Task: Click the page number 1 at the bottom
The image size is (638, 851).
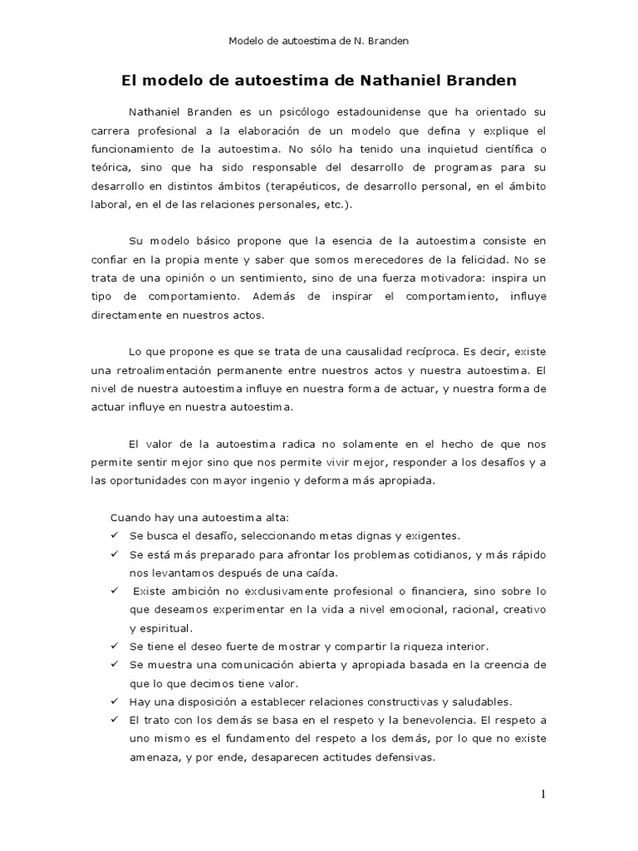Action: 543,794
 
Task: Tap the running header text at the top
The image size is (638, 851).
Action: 320,40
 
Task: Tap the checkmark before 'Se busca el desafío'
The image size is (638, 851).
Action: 115,536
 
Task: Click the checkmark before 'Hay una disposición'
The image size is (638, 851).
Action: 115,701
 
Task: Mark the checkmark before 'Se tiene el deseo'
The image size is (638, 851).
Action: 115,646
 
